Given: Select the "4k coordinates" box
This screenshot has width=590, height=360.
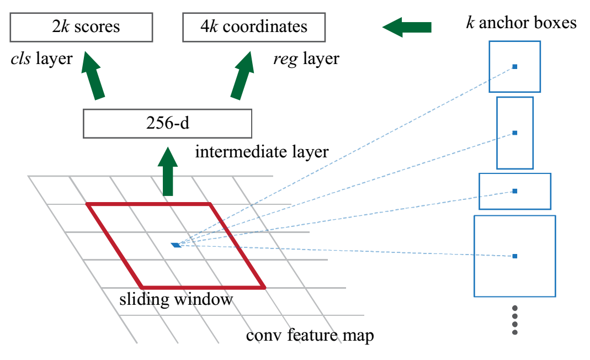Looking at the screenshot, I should (x=254, y=27).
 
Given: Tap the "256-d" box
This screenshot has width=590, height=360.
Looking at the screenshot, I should (x=167, y=123).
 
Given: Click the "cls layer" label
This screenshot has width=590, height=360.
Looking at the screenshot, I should (x=41, y=58).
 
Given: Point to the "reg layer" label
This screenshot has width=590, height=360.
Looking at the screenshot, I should (x=306, y=58).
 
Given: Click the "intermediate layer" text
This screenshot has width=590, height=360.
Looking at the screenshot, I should (x=262, y=151).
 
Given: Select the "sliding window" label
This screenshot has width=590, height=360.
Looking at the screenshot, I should (x=176, y=300).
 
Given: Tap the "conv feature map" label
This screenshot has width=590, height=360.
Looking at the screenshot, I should (x=310, y=335).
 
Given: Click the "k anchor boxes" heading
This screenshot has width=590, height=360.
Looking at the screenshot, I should (x=521, y=23).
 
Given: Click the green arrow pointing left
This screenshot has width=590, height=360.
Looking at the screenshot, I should (x=407, y=27).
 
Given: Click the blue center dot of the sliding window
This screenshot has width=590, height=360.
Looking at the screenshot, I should (x=176, y=245).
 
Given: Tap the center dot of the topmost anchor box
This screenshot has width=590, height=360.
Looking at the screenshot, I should (x=514, y=67).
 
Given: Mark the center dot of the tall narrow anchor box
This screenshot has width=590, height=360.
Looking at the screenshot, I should (x=514, y=133).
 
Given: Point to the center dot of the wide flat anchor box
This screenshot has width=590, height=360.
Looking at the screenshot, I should (x=514, y=191).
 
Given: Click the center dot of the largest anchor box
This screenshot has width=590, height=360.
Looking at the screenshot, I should (x=514, y=256).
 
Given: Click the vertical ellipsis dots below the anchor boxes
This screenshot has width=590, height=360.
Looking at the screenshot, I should (x=515, y=320).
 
